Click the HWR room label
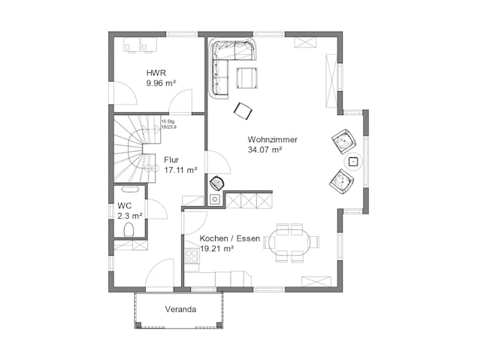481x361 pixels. coord(155,74)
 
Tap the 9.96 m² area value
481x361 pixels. coord(161,84)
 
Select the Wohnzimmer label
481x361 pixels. coord(272,140)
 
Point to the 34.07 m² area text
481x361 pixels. coord(265,150)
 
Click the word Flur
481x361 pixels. coord(171,159)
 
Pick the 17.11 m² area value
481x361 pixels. coord(180,170)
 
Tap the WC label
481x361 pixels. coord(124,206)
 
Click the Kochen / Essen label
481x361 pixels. coord(230,238)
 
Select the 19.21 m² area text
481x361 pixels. coord(216,248)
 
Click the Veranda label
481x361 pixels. coord(180,310)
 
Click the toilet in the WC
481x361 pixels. coord(129,230)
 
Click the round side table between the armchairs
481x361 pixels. coord(353,161)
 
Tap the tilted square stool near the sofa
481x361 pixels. coord(243,111)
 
